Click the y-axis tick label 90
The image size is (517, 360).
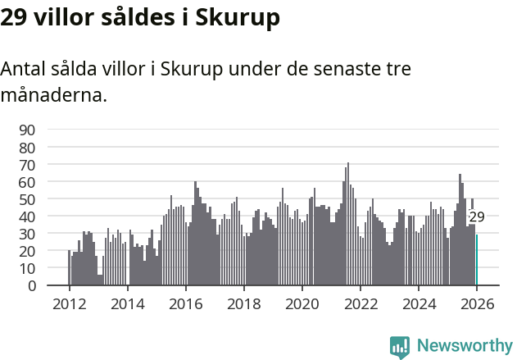pos(27,130)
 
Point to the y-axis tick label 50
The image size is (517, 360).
pos(27,199)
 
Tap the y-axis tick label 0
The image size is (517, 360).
pos(31,286)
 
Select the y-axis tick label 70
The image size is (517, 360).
pos(27,165)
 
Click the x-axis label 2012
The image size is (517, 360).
pos(69,303)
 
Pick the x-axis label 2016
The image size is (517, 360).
pos(185,303)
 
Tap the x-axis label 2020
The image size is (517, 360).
pos(302,303)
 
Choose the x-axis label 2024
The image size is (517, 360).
pos(418,303)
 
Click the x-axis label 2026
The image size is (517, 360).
pos(476,303)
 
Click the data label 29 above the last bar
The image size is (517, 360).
pos(477,217)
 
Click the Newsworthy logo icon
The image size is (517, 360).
pos(400,346)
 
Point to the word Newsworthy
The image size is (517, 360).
pos(464,346)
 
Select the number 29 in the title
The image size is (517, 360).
pos(14,17)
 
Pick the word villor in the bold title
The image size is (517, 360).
pos(63,17)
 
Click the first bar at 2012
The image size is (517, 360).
pos(69,268)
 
